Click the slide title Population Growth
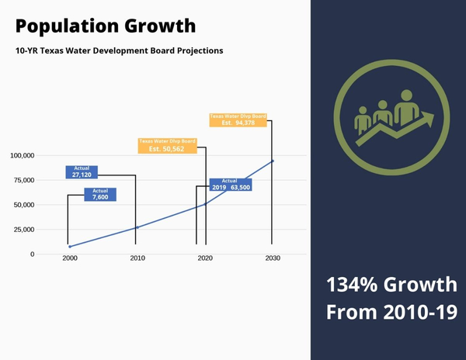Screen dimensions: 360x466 click(x=106, y=26)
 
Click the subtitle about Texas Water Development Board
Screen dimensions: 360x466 click(x=119, y=51)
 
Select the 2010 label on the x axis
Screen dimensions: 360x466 click(x=137, y=258)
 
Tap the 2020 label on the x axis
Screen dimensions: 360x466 click(x=206, y=258)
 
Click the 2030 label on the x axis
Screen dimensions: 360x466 click(x=273, y=258)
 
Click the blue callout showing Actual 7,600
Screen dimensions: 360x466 click(x=99, y=195)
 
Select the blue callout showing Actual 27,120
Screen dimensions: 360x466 click(x=82, y=172)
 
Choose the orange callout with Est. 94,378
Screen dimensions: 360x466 click(x=238, y=119)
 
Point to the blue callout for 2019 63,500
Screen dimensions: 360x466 click(x=230, y=185)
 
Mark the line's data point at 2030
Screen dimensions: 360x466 click(x=272, y=161)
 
